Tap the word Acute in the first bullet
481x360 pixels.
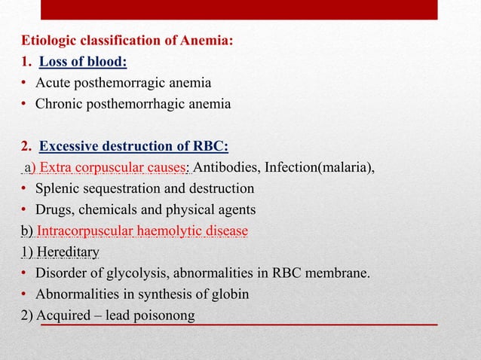click(x=52, y=83)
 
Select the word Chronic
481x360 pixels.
click(x=59, y=104)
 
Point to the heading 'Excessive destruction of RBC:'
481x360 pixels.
click(x=133, y=146)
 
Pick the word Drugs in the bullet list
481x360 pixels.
click(x=53, y=209)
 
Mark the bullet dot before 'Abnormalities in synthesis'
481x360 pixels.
click(x=25, y=294)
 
